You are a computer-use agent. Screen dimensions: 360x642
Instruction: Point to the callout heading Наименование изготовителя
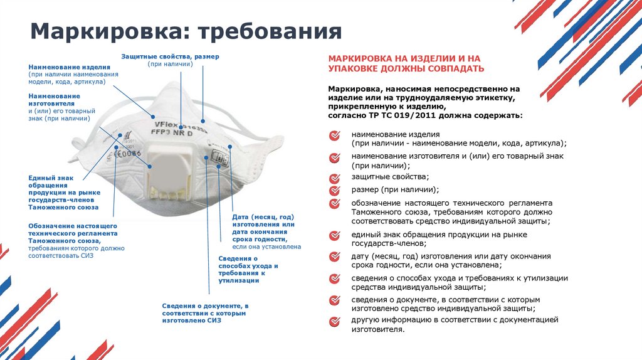[x=54, y=99]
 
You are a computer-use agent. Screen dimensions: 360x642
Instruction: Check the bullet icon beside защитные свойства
[x=335, y=177]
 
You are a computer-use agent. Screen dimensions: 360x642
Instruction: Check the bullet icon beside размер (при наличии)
[x=335, y=189]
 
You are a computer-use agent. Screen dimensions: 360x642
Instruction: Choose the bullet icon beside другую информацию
[x=335, y=321]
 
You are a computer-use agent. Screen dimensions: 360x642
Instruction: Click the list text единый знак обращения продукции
[x=439, y=235]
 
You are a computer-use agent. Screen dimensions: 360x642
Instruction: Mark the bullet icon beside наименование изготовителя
[x=335, y=156]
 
